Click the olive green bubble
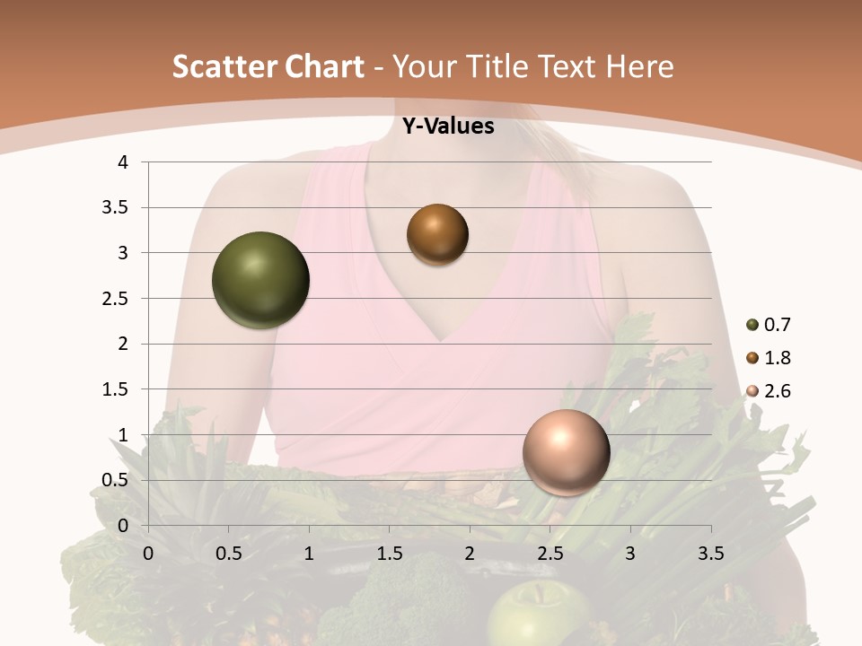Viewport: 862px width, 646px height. (x=260, y=280)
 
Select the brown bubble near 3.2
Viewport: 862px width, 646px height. (x=437, y=234)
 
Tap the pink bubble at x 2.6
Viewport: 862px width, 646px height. (x=566, y=452)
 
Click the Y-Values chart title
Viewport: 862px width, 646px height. (x=447, y=127)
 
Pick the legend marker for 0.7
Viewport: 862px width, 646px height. (x=752, y=325)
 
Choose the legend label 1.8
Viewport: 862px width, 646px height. (x=778, y=358)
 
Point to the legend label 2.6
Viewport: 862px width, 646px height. (x=778, y=391)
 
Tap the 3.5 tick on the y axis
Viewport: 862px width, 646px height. (x=118, y=208)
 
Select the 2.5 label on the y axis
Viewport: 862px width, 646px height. (x=118, y=299)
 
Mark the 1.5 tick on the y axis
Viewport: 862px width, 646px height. (x=118, y=389)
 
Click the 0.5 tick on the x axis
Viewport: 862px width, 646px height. (x=228, y=554)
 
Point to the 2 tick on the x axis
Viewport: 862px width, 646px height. (x=470, y=554)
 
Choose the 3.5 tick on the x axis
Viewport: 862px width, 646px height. (x=710, y=554)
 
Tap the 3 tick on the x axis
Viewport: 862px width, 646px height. (x=630, y=554)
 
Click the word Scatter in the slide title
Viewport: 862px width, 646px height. (x=224, y=66)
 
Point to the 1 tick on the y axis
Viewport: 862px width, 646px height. (x=124, y=435)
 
